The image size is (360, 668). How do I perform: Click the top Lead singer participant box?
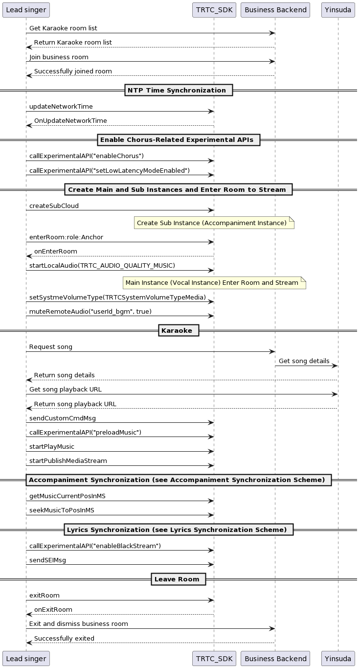point(26,10)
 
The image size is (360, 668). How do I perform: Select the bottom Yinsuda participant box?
point(338,659)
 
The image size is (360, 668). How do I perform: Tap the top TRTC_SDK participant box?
point(214,10)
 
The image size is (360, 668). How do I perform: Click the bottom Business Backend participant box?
point(275,659)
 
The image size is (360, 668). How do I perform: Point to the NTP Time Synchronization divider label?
point(179,90)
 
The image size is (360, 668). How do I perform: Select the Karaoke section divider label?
point(179,330)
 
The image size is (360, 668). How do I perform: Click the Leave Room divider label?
point(179,579)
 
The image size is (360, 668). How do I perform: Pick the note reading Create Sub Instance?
point(214,223)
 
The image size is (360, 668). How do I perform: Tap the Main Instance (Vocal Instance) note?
point(214,283)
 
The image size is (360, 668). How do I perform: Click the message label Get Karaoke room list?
point(67,28)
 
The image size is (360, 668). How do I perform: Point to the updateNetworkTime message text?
point(61,107)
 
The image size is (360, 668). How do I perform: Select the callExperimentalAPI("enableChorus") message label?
point(87,156)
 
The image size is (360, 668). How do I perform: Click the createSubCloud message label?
point(54,206)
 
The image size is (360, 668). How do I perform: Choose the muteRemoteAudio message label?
point(90,312)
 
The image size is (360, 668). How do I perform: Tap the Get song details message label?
point(304,361)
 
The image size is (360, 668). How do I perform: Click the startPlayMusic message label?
point(52,447)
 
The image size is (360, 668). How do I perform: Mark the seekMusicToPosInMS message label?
point(62,510)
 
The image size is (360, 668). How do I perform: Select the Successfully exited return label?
point(64,638)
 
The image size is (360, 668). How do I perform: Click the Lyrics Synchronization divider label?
point(179,530)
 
